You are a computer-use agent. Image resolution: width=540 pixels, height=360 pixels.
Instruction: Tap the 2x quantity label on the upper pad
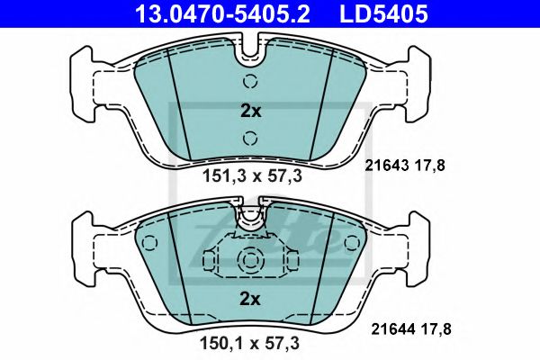250,112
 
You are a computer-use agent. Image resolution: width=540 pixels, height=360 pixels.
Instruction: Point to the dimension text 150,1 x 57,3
251,343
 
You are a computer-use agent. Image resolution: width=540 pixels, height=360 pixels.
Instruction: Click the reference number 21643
391,165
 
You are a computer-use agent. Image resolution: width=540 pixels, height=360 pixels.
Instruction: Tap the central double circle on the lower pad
249,260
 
